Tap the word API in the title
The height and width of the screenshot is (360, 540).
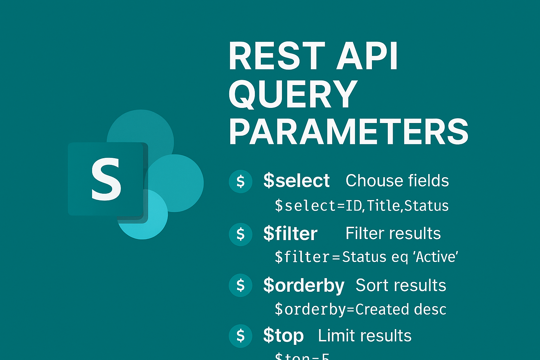tap(367, 56)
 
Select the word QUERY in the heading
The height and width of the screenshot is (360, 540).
tap(293, 94)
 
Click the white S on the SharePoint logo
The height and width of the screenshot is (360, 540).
tap(106, 179)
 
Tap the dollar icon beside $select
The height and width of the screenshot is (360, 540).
tap(240, 181)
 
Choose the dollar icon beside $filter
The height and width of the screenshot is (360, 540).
tap(240, 234)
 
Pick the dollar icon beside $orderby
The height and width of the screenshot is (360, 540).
tap(240, 285)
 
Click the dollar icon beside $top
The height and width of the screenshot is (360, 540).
tap(240, 336)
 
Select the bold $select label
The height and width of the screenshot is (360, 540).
tap(296, 181)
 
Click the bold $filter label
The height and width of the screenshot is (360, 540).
tap(290, 234)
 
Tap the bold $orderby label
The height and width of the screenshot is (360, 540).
tap(304, 286)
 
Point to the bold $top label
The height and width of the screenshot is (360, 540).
tap(283, 336)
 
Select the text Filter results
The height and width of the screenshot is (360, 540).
tap(393, 233)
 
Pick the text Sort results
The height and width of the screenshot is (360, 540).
tap(401, 285)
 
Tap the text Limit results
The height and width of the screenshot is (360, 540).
tap(365, 336)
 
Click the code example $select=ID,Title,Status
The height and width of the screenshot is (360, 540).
tap(362, 206)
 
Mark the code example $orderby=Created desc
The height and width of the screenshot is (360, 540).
tap(360, 310)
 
